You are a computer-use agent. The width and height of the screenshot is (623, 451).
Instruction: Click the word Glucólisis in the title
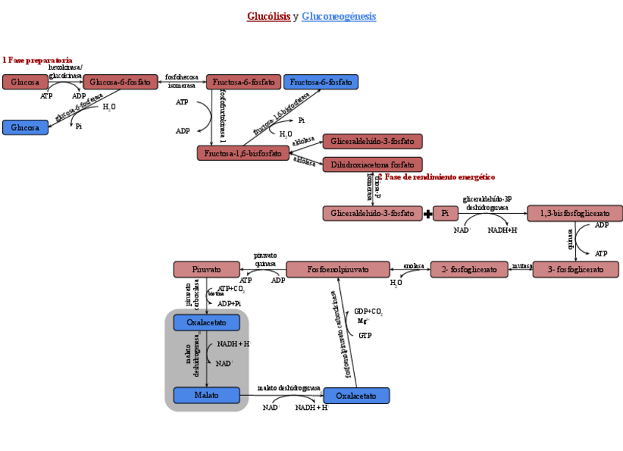tap(268, 16)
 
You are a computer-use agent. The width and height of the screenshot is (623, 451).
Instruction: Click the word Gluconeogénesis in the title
tap(339, 16)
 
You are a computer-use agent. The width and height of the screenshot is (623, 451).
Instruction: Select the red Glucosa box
tap(25, 82)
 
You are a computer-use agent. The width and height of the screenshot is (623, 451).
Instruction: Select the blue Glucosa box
tap(25, 128)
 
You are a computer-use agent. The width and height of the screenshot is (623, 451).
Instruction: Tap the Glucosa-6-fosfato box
tap(120, 82)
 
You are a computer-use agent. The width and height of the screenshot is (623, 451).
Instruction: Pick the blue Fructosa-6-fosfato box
tap(321, 82)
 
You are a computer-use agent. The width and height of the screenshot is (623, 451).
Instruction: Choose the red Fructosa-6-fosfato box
tap(244, 82)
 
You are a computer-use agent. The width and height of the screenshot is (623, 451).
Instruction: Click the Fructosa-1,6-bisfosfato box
tap(243, 153)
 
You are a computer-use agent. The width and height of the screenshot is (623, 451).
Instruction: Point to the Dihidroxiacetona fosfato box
tap(372, 165)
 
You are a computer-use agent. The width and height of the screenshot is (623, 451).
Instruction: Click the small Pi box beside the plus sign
tap(445, 214)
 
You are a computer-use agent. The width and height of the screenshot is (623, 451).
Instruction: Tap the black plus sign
tap(428, 214)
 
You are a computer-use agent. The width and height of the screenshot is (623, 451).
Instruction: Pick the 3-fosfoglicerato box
tap(575, 270)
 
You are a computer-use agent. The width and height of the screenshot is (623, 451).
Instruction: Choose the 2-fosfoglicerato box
tap(469, 270)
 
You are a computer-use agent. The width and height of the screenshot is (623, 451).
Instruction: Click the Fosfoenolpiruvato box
tap(338, 270)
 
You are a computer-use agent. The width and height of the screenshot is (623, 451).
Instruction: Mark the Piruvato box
tap(207, 270)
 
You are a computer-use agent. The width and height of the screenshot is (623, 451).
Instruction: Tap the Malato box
tap(206, 395)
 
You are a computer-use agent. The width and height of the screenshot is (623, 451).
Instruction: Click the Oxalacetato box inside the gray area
tap(206, 322)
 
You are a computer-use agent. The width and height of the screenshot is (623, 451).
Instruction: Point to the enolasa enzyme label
tap(414, 266)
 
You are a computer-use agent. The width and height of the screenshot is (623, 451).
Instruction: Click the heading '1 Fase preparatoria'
tap(37, 59)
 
